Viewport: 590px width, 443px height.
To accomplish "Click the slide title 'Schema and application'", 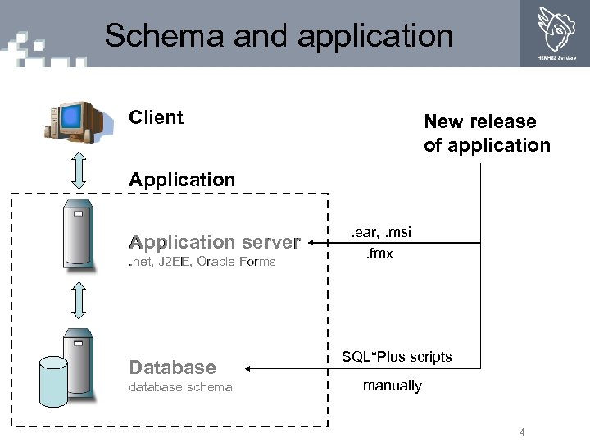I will pos(279,36).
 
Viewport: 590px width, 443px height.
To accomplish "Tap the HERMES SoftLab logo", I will pos(556,33).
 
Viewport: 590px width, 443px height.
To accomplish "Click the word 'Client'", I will pos(156,117).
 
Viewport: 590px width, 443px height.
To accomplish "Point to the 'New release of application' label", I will pos(487,134).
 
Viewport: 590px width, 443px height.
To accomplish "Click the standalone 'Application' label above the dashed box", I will pos(182,180).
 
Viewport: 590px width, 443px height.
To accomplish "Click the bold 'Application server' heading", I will pos(215,242).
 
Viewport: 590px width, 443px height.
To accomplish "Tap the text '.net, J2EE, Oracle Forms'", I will pos(202,262).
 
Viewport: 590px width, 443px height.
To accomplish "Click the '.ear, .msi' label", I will pos(381,233).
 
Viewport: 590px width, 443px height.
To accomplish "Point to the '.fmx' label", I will pos(379,253).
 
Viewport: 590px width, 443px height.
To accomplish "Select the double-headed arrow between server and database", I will pos(79,300).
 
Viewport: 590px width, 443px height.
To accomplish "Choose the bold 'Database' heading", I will pos(173,368).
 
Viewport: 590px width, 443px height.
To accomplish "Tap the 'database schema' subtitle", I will pos(180,387).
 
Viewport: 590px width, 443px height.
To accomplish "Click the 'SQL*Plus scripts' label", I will pos(397,357).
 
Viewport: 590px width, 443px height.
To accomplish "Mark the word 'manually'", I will pos(392,386).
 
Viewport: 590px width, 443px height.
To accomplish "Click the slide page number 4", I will pos(521,432).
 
